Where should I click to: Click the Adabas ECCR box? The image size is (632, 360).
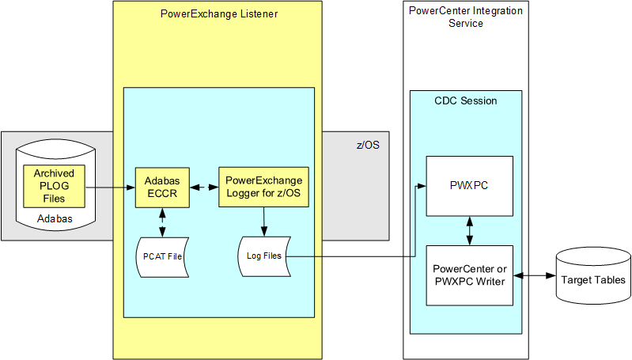(161, 187)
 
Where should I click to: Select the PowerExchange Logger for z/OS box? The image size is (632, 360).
(263, 187)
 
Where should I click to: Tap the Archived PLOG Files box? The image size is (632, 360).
(55, 185)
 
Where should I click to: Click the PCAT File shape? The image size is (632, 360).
(161, 256)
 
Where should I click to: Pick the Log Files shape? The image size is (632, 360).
(263, 256)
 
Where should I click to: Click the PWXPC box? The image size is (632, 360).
(470, 186)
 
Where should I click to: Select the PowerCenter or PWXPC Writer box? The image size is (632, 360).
(470, 275)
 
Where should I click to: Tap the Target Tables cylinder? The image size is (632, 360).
(592, 279)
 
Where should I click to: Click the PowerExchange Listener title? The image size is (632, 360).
(218, 14)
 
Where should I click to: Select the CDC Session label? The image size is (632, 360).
(466, 101)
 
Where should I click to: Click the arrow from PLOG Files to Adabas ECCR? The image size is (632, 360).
(109, 188)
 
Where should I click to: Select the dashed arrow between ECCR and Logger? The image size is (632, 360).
(203, 188)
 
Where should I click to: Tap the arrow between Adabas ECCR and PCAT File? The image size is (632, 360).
(161, 222)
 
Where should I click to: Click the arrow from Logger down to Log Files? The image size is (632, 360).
(263, 222)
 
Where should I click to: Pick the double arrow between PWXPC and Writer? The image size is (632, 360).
(471, 230)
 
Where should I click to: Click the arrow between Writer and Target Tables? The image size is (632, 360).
(535, 275)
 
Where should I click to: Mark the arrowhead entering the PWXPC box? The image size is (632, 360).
(422, 187)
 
